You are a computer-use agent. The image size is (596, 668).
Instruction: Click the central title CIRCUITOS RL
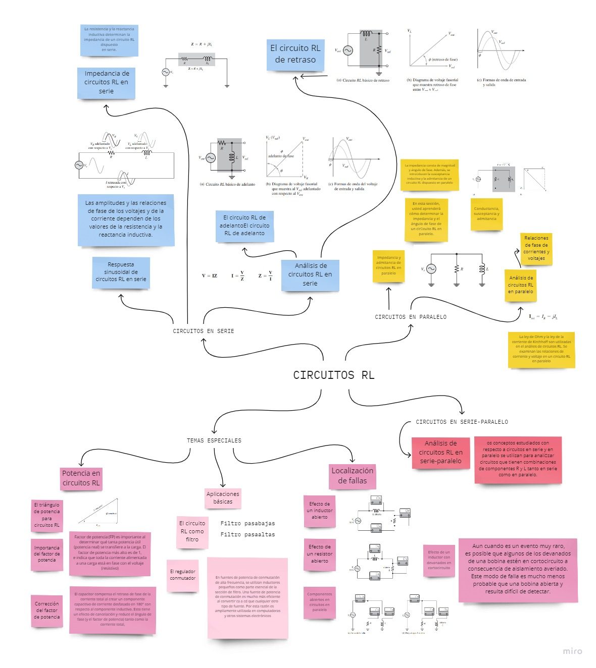(333, 375)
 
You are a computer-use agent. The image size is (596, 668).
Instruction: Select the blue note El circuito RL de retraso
(295, 54)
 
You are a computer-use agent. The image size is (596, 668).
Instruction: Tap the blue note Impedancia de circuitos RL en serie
(106, 83)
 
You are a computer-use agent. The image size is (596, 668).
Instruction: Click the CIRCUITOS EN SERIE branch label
(203, 331)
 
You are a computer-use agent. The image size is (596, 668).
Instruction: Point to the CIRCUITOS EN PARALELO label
(410, 317)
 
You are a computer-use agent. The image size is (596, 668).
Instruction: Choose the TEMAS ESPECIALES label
(214, 440)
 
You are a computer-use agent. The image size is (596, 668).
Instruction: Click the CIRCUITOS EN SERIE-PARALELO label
(462, 422)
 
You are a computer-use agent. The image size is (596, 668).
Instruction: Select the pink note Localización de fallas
(352, 476)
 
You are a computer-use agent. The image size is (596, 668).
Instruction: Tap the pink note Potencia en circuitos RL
(81, 478)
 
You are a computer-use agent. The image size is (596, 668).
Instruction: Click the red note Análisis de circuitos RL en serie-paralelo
(440, 452)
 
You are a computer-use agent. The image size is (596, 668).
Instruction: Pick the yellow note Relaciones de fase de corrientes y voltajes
(536, 248)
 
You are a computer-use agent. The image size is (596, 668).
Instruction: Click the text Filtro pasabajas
(247, 524)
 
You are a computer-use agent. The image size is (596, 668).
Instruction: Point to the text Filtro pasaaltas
(247, 534)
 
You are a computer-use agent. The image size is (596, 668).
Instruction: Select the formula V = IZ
(209, 276)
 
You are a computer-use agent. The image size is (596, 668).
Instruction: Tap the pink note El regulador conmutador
(182, 575)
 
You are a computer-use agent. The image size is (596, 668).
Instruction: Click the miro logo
(572, 651)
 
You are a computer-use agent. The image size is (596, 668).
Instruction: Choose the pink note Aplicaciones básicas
(223, 497)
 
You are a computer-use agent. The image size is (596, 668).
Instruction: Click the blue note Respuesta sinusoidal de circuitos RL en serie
(121, 272)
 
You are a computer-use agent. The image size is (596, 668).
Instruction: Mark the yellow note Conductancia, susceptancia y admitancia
(486, 214)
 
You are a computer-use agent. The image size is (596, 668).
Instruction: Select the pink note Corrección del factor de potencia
(46, 610)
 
